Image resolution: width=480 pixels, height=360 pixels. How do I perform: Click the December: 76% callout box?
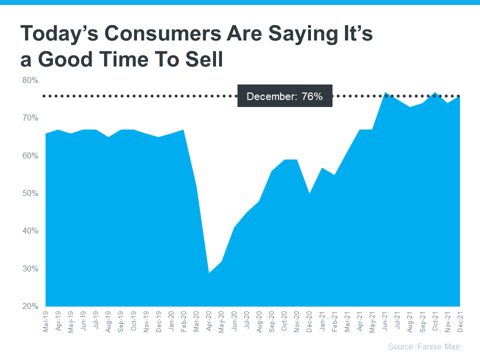pos(284,96)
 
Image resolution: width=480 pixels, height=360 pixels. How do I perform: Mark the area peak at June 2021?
pos(385,93)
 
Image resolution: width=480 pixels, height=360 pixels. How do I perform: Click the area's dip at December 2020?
pos(309,193)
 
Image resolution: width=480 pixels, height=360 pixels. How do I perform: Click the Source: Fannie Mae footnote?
pos(423,346)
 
